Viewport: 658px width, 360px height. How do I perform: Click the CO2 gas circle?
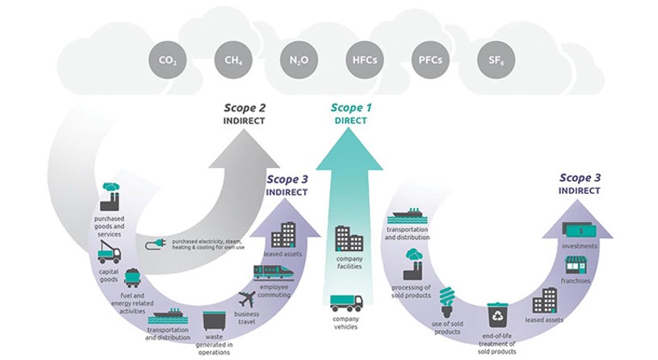(x=167, y=60)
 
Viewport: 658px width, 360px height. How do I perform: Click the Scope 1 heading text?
(x=350, y=107)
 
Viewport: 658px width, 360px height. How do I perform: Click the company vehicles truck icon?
(x=346, y=303)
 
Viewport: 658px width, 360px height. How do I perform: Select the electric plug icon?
(x=156, y=245)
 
